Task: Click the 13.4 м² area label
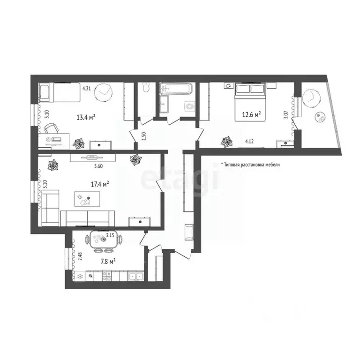coord(86,118)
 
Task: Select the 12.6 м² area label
coord(251,114)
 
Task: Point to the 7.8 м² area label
coord(108,261)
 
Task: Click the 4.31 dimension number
coord(87,89)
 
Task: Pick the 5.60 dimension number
coord(98,166)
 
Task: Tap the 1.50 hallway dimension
coord(144,136)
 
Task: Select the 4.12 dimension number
coord(249,142)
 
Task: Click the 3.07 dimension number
coord(286,114)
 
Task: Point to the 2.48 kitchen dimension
coord(80,256)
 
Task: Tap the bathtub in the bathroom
coord(176,89)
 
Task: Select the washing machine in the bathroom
coord(190,106)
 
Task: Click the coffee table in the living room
coord(87,199)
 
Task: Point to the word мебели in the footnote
coord(273,165)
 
